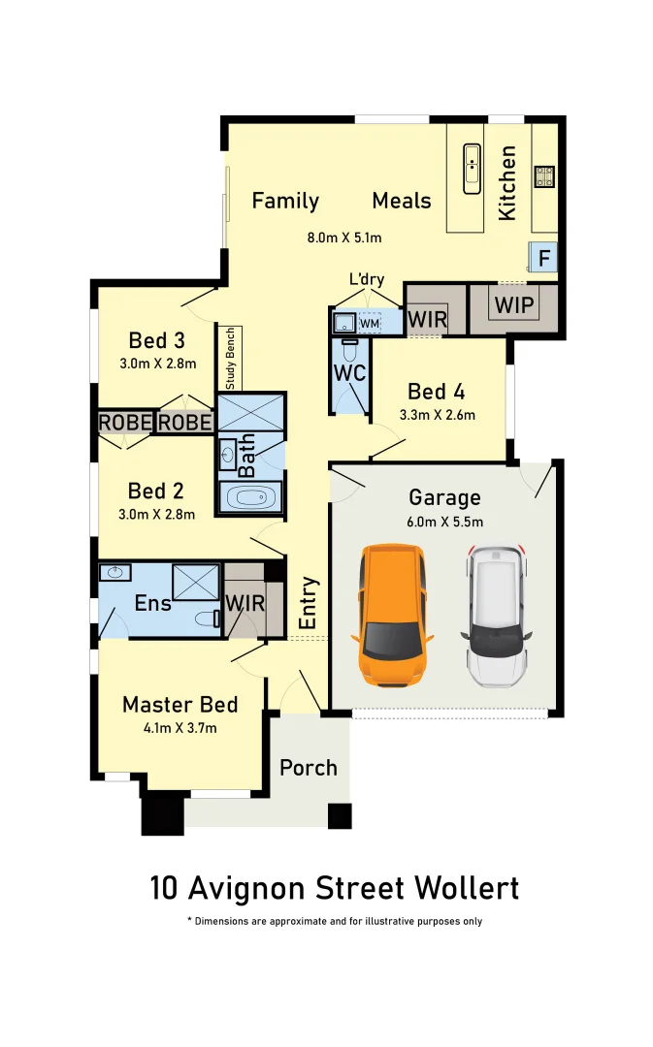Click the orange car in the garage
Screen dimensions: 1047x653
click(393, 615)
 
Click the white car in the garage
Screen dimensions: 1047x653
click(497, 615)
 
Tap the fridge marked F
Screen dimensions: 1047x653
click(544, 258)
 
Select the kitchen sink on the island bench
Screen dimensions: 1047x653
click(472, 169)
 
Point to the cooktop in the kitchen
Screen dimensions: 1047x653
click(544, 176)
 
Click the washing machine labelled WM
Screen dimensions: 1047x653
click(370, 322)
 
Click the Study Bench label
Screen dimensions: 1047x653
click(231, 358)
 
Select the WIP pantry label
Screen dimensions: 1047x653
click(513, 305)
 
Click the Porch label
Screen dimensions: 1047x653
click(309, 768)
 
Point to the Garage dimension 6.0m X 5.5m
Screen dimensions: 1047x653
click(444, 522)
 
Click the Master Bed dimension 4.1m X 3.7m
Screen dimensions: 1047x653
click(180, 728)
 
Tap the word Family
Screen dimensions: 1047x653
click(285, 201)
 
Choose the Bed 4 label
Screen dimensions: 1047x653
click(436, 392)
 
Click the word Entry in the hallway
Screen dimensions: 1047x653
click(309, 604)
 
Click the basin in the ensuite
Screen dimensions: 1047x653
click(117, 573)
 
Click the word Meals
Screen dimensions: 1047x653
click(402, 201)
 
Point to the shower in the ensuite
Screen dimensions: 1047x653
click(195, 582)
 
